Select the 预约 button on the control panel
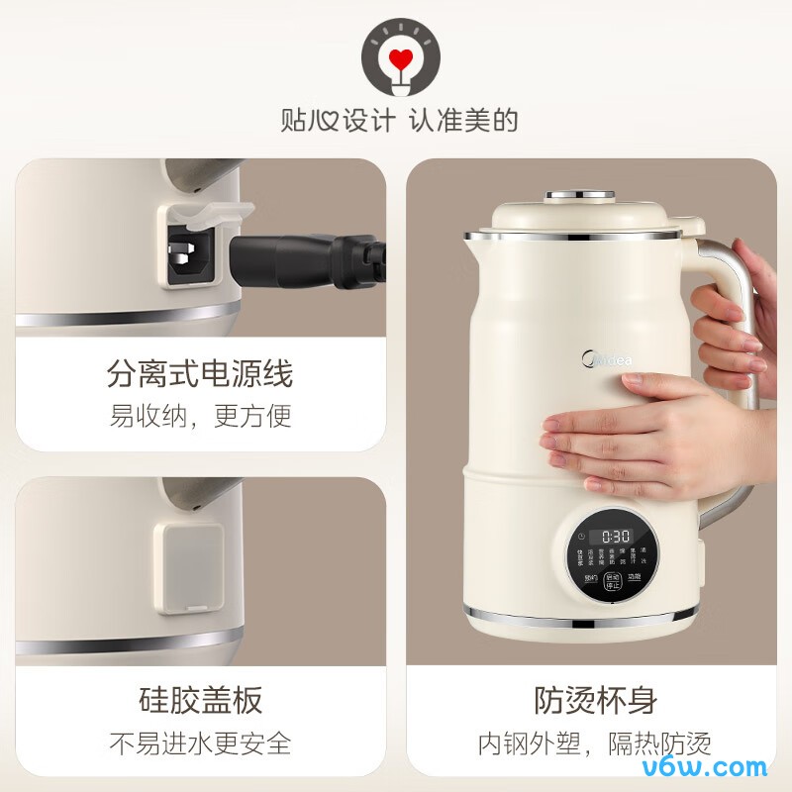(x=590, y=577)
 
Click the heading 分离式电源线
(x=200, y=374)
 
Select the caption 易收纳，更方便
(x=200, y=416)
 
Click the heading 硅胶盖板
(x=200, y=700)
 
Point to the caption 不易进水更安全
(x=200, y=742)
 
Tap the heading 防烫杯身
(x=596, y=700)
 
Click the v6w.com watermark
(x=717, y=766)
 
